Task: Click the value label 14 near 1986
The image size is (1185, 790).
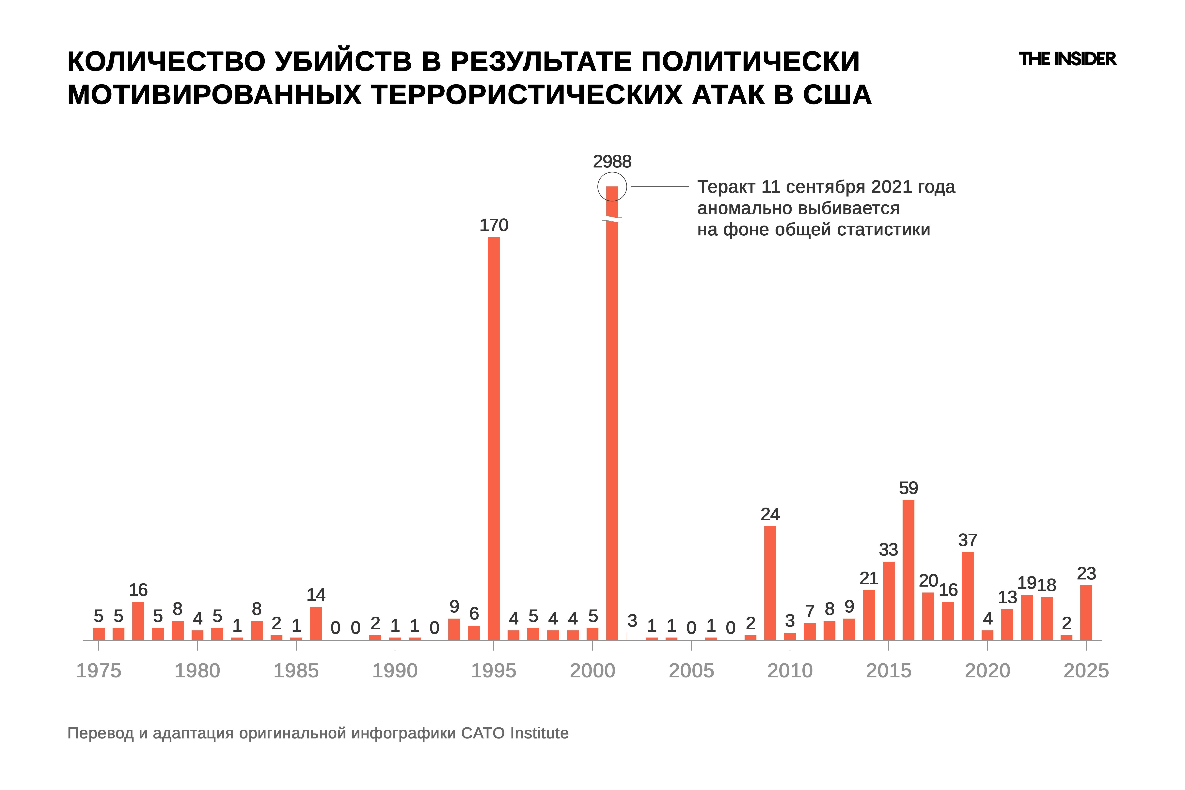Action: [316, 595]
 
